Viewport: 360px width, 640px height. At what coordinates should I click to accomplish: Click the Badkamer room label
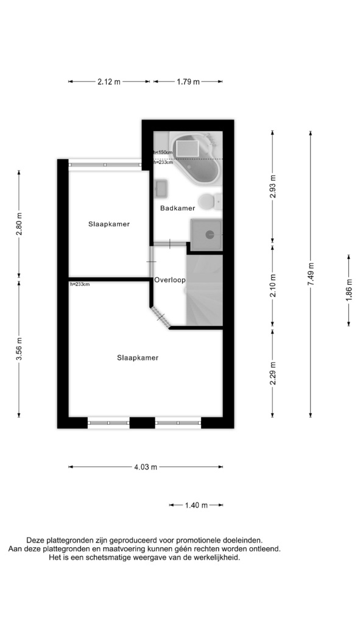pyautogui.click(x=177, y=208)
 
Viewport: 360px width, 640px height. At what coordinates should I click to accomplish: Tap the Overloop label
pyautogui.click(x=170, y=280)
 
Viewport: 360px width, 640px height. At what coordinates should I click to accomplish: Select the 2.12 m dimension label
pyautogui.click(x=109, y=82)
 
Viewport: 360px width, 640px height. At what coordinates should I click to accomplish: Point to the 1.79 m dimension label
pyautogui.click(x=188, y=82)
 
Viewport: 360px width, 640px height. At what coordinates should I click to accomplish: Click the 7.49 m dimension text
pyautogui.click(x=311, y=274)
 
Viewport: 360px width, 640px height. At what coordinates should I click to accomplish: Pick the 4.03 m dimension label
pyautogui.click(x=146, y=467)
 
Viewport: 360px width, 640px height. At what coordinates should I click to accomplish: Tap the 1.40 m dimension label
pyautogui.click(x=196, y=505)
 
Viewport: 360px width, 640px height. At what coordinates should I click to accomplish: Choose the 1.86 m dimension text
pyautogui.click(x=349, y=290)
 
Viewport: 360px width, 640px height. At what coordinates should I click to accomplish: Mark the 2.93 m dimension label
pyautogui.click(x=273, y=187)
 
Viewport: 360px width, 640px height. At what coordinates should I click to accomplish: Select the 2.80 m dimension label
pyautogui.click(x=19, y=224)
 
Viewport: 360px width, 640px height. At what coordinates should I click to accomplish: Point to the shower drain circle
pyautogui.click(x=210, y=234)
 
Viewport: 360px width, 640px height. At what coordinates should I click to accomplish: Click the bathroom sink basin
pyautogui.click(x=161, y=188)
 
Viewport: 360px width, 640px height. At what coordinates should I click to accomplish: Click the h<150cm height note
pyautogui.click(x=163, y=152)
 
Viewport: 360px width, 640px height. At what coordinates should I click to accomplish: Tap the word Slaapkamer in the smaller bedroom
pyautogui.click(x=109, y=224)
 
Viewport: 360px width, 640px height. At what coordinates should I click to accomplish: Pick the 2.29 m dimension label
pyautogui.click(x=273, y=373)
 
